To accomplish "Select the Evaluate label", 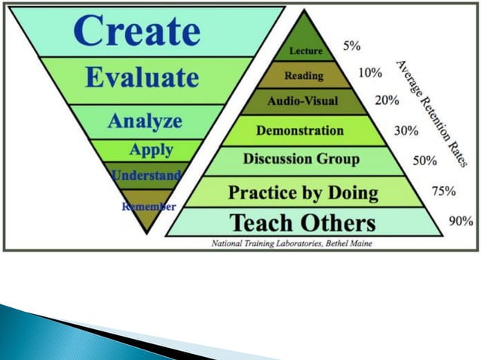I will (x=142, y=78).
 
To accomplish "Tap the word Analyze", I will (x=146, y=121).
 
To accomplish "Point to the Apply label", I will (x=151, y=149).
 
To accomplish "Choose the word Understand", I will (x=146, y=175).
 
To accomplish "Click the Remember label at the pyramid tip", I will (x=149, y=206).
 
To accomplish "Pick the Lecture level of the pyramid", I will (x=306, y=51).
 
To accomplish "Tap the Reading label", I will (x=305, y=75).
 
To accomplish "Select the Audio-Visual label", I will (x=303, y=101).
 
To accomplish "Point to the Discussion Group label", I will (x=301, y=160).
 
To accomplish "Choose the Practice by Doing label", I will (x=304, y=192).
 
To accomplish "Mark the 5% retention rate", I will (x=351, y=46).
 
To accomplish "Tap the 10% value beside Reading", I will (x=369, y=73).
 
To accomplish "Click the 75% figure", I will (x=443, y=191).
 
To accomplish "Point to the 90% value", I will (x=461, y=221).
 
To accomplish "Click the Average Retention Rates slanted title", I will (x=434, y=114).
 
